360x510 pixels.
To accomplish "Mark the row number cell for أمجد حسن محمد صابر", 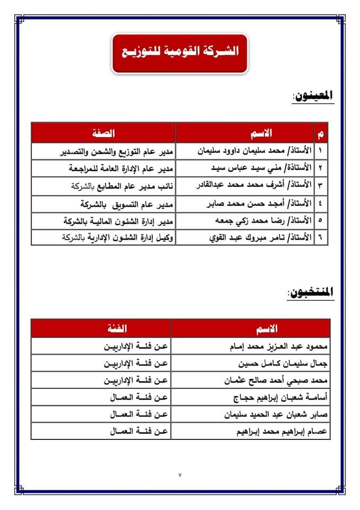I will click(x=322, y=203).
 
